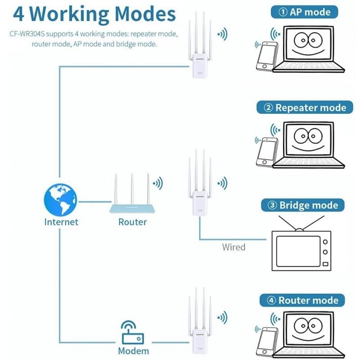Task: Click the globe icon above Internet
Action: pos(60,199)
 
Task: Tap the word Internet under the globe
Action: pos(61,222)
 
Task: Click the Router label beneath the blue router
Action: pos(132,222)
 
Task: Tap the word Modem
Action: pos(133,351)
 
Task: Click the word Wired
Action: pos(234,247)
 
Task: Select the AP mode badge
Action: pos(305,12)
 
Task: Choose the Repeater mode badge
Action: pos(305,108)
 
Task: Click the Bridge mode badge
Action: pos(303,205)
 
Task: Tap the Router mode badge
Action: pos(302,300)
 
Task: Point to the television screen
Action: pos(298,251)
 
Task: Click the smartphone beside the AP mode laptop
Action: pos(266,57)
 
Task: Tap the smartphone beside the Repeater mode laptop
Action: pos(266,152)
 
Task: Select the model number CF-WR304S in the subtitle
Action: pos(27,34)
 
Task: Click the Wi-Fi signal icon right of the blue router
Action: pos(158,183)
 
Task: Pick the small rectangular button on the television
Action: pos(325,264)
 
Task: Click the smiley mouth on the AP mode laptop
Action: pos(308,52)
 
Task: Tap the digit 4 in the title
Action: pos(18,14)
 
